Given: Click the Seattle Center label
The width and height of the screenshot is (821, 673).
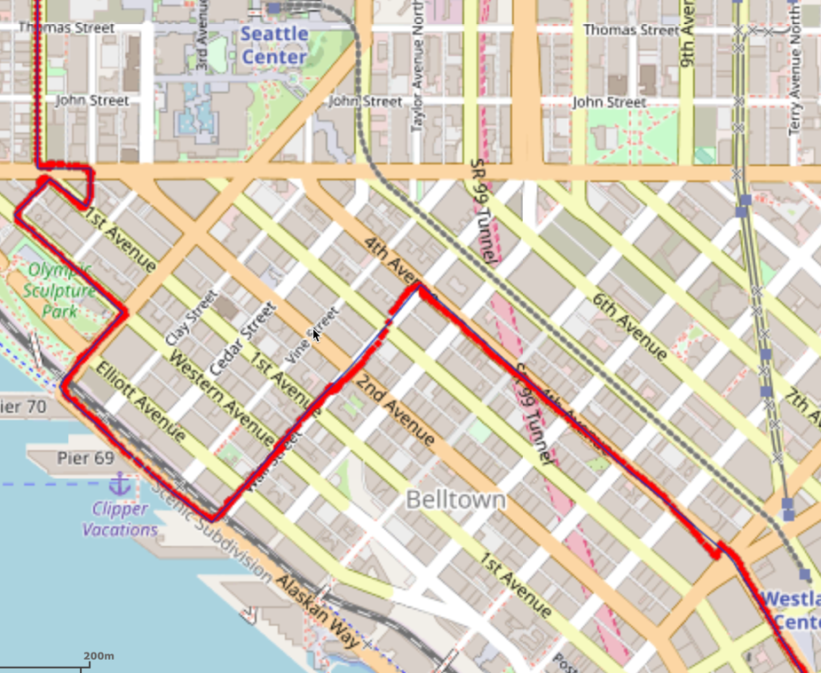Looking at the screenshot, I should [x=274, y=45].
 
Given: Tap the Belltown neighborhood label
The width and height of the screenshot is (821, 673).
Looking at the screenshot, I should [x=455, y=500].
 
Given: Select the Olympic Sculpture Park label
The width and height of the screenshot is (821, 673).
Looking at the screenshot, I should [x=60, y=289].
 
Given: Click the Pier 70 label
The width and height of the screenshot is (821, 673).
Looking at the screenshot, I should [x=22, y=407].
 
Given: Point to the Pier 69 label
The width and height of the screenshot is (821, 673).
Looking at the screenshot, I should [x=85, y=458].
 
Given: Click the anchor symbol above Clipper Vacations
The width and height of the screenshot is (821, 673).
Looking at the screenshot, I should [x=119, y=484].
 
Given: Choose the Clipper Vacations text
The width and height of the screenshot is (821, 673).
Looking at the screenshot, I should [x=120, y=519].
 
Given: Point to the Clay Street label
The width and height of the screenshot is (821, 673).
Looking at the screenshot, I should [x=191, y=317].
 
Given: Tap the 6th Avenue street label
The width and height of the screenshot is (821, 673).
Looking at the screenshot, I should [x=629, y=326].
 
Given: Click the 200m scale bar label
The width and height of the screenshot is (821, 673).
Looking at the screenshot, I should [x=99, y=656].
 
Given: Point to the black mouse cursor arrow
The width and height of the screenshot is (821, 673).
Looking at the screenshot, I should [x=316, y=334].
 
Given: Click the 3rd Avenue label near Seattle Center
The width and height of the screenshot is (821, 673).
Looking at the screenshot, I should [x=201, y=47].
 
